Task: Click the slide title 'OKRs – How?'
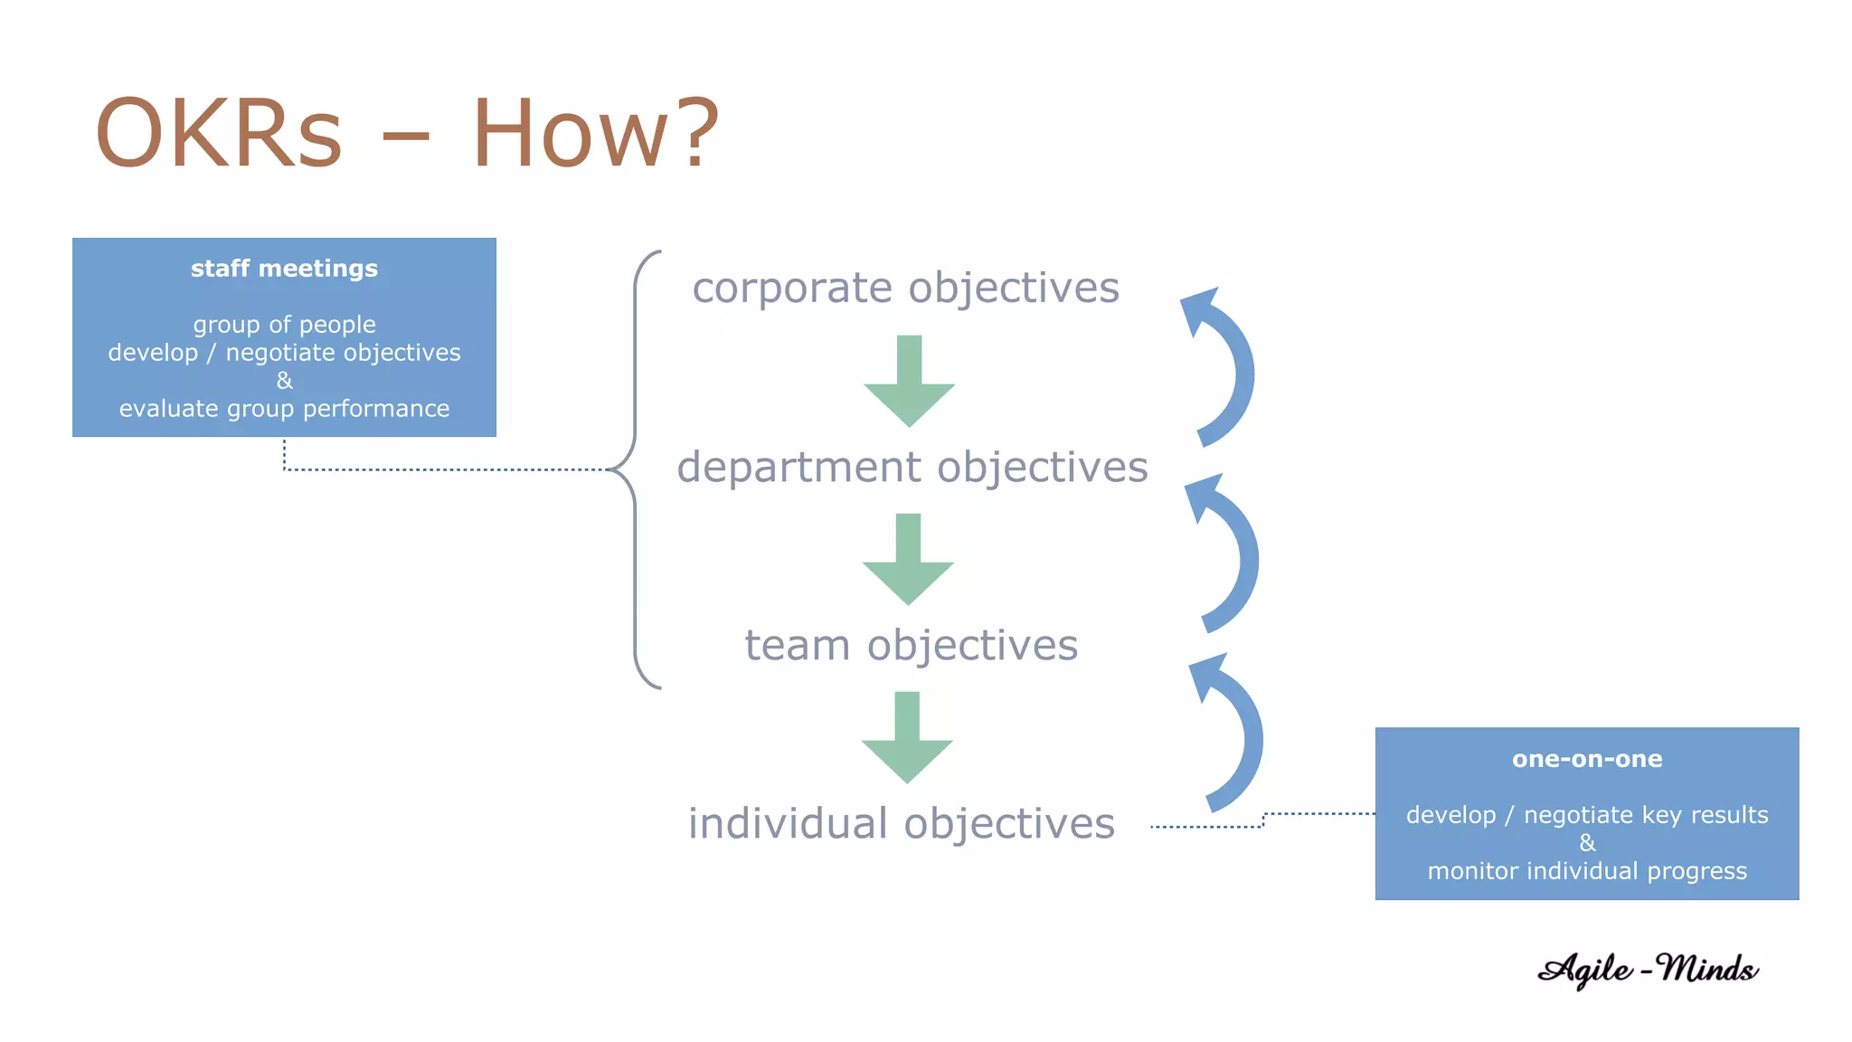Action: point(407,134)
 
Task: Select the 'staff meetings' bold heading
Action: point(284,269)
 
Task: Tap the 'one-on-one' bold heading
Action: point(1587,759)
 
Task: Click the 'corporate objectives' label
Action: point(905,289)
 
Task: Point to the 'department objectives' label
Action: point(912,468)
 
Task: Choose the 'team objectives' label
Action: point(912,646)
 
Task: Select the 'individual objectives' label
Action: point(902,824)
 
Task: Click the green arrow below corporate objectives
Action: point(909,381)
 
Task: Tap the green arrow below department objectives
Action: point(908,559)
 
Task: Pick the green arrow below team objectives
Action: point(907,737)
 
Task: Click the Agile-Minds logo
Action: point(1648,970)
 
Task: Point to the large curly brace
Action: point(636,469)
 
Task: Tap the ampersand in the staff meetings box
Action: point(284,381)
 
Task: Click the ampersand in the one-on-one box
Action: point(1587,843)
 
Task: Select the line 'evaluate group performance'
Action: point(284,409)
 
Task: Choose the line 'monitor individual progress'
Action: point(1587,871)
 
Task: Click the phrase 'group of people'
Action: point(284,325)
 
